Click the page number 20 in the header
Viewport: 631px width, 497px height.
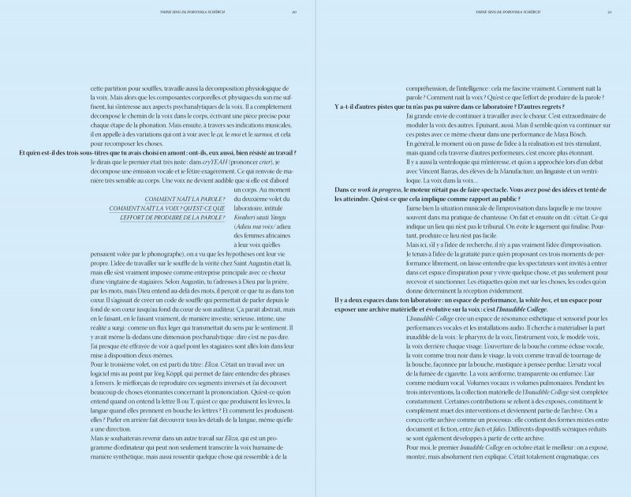293,13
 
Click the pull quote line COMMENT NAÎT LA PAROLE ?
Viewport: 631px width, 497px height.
183,199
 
